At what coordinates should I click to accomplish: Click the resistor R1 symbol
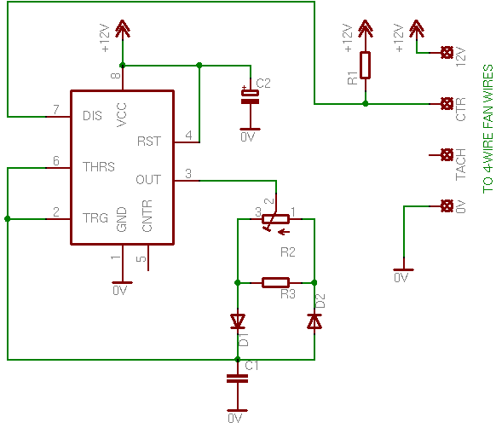(x=365, y=65)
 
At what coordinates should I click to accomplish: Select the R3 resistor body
(x=275, y=282)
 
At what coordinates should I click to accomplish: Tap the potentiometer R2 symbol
(x=275, y=219)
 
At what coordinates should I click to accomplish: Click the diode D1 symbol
(x=238, y=321)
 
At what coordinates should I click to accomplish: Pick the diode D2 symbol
(x=314, y=321)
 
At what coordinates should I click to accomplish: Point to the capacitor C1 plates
(x=238, y=379)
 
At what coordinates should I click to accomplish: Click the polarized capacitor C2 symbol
(x=251, y=97)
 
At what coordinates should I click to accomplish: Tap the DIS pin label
(x=92, y=116)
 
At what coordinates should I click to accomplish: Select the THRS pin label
(x=99, y=167)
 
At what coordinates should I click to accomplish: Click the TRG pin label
(x=95, y=218)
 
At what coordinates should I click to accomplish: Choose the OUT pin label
(x=148, y=180)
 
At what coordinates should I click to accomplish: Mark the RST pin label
(x=149, y=142)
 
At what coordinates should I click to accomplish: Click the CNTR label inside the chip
(x=147, y=216)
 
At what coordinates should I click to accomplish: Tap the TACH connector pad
(x=447, y=155)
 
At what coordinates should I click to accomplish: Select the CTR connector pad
(x=447, y=103)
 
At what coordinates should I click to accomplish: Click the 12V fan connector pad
(x=447, y=53)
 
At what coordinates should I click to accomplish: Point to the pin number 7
(x=56, y=109)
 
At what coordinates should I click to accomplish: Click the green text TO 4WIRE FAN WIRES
(x=487, y=129)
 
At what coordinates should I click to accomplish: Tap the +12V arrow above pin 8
(x=123, y=29)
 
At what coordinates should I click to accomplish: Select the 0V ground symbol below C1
(x=238, y=411)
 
